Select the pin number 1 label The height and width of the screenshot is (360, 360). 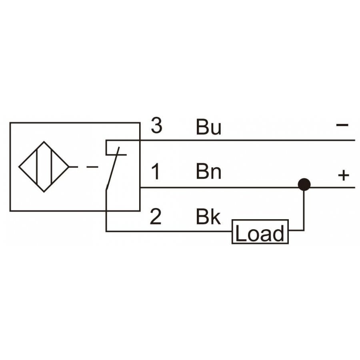(x=156, y=171)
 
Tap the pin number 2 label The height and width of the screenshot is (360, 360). (x=156, y=216)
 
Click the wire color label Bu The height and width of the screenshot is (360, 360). (x=208, y=127)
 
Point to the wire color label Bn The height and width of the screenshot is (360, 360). (x=208, y=171)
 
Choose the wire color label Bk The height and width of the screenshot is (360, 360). (x=208, y=216)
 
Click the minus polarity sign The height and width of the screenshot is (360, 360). (x=342, y=125)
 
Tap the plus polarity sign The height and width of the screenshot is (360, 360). (x=344, y=176)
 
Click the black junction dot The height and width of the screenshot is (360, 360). (x=304, y=184)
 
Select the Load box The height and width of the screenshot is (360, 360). (x=260, y=232)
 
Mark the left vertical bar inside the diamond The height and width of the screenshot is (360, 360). (x=37, y=166)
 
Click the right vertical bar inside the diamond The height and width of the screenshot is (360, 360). (x=51, y=166)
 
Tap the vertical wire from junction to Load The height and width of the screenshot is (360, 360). (x=304, y=210)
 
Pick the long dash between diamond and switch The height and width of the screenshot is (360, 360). (x=92, y=167)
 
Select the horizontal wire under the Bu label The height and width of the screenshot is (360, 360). (x=248, y=140)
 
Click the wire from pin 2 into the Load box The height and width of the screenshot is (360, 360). (x=169, y=231)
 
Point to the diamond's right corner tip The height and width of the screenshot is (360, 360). (x=69, y=167)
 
